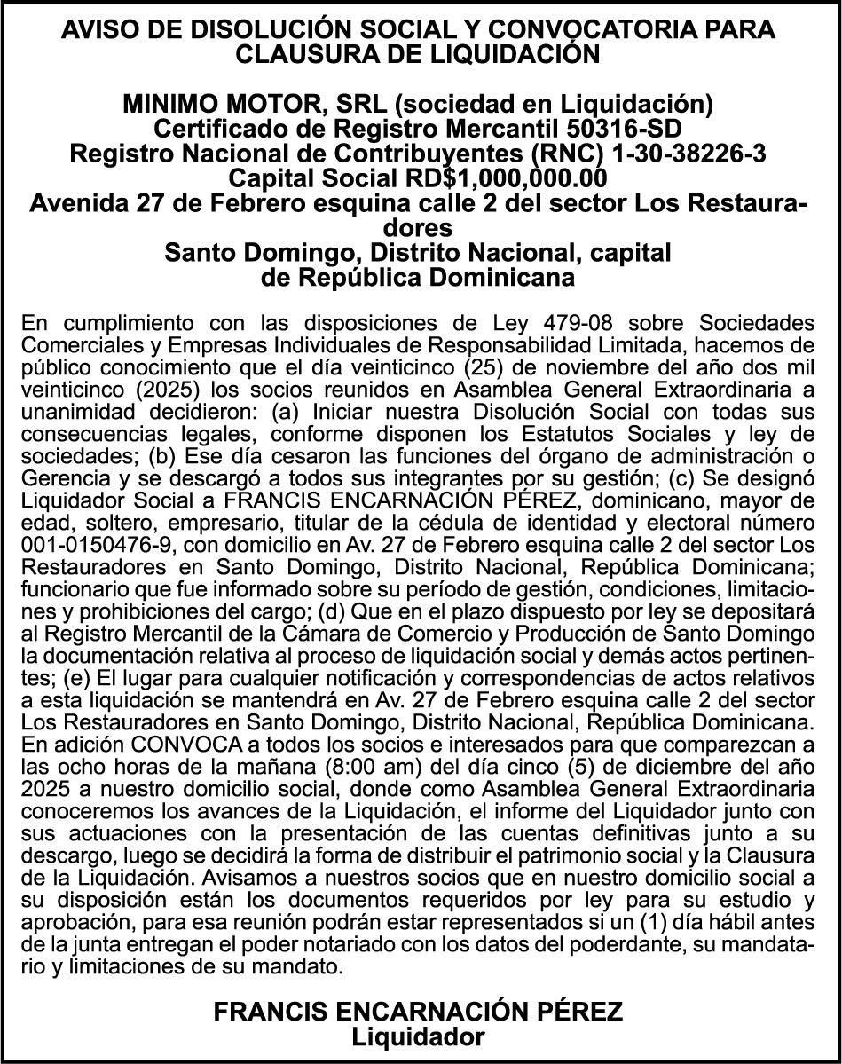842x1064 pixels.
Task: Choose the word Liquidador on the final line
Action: click(419, 1036)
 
